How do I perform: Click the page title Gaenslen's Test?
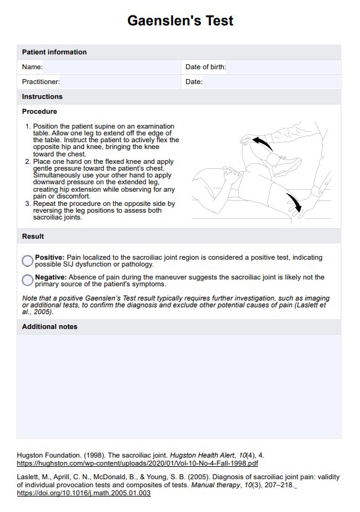[180, 20]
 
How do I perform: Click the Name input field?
[111, 67]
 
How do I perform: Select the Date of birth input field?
[283, 67]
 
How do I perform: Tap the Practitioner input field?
[120, 82]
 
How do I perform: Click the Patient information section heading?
[54, 52]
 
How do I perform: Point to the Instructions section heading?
[42, 96]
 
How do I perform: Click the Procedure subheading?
[40, 111]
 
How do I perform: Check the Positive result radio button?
[27, 260]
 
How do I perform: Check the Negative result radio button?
[27, 280]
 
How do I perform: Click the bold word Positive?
[49, 257]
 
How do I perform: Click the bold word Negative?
[51, 277]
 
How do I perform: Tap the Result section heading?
[33, 236]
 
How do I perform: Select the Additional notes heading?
[49, 326]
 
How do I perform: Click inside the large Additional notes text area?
[179, 386]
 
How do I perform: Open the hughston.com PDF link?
[137, 463]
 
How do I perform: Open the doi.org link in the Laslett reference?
[84, 493]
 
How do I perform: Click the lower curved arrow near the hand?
[295, 202]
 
